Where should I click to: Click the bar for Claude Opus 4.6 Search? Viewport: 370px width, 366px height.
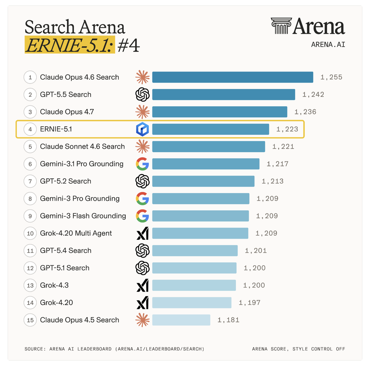click(x=233, y=77)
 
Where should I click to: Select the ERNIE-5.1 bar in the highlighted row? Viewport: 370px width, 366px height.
click(x=211, y=129)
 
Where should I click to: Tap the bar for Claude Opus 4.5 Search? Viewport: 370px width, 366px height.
click(x=181, y=320)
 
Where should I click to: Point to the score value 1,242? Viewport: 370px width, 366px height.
click(x=313, y=94)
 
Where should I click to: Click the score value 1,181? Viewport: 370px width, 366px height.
click(x=228, y=320)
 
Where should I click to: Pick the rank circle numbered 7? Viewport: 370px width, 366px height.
click(x=30, y=181)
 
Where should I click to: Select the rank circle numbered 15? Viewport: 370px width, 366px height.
click(x=30, y=320)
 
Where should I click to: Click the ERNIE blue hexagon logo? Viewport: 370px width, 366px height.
click(x=142, y=129)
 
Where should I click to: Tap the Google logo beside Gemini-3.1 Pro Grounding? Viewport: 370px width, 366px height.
click(x=142, y=164)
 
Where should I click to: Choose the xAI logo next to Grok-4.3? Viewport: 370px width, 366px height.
click(x=142, y=285)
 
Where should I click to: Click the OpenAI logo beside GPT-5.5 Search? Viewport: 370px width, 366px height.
click(x=142, y=94)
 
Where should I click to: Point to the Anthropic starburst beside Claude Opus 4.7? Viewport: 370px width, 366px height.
click(x=142, y=112)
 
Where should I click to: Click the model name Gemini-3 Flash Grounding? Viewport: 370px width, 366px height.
click(x=83, y=216)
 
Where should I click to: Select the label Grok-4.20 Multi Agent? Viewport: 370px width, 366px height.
click(x=76, y=233)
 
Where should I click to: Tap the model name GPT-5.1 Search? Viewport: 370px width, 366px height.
click(x=65, y=268)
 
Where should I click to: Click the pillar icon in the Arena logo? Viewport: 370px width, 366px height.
click(x=281, y=26)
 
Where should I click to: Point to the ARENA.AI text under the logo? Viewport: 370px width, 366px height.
click(x=328, y=44)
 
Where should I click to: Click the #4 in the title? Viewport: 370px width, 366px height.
click(x=129, y=45)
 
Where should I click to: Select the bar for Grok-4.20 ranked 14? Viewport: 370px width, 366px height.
click(x=192, y=303)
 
